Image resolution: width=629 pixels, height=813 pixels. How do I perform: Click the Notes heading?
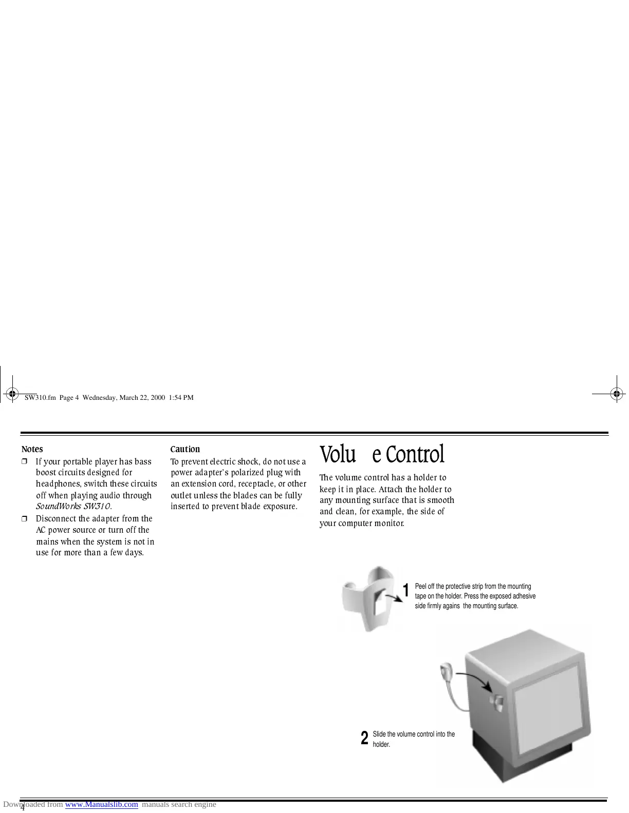[32, 449]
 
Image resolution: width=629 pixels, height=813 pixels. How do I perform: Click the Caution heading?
[185, 449]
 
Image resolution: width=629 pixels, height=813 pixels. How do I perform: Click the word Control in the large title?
[415, 454]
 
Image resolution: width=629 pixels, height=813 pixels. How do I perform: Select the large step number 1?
[406, 591]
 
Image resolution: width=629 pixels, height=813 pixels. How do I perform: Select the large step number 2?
[364, 738]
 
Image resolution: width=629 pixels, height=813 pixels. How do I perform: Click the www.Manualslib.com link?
[102, 804]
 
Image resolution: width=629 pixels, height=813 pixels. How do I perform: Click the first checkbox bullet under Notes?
[24, 462]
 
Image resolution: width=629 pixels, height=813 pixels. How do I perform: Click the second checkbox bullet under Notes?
[24, 519]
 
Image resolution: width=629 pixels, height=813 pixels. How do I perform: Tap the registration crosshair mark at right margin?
[616, 394]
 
